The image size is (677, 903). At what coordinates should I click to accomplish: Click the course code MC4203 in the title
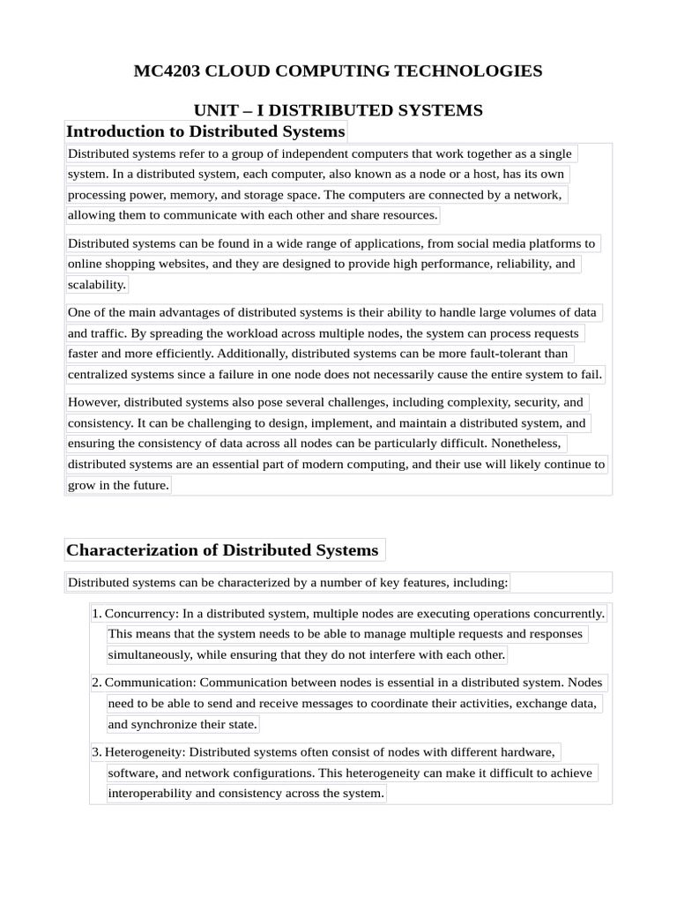click(x=167, y=71)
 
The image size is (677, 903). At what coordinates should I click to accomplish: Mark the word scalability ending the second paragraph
click(x=97, y=284)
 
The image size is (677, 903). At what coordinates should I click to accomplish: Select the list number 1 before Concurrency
click(x=96, y=613)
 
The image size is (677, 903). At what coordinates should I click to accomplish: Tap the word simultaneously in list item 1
click(x=149, y=654)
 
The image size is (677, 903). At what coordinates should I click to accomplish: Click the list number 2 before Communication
click(x=96, y=683)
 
